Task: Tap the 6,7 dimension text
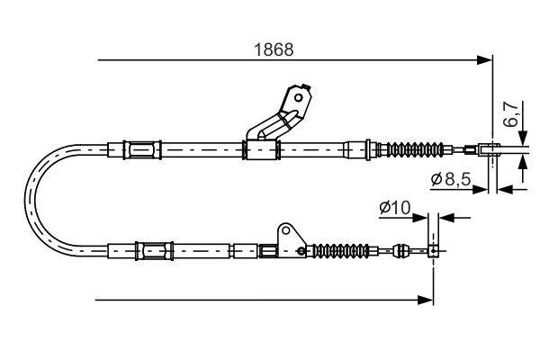[x=511, y=115]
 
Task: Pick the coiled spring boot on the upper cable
[x=416, y=149]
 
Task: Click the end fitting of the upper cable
[x=490, y=149]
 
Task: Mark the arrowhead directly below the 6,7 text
[x=524, y=160]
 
